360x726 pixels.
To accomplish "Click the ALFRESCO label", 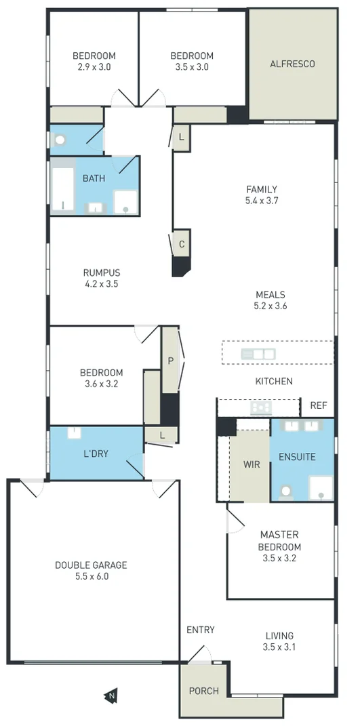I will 292,64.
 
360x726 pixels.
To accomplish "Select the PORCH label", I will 203,691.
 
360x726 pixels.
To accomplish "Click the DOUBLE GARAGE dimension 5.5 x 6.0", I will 91,577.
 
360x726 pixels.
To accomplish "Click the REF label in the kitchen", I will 318,405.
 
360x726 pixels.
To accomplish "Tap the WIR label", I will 252,465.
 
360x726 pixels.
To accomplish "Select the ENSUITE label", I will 297,457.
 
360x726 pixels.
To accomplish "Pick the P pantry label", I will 170,361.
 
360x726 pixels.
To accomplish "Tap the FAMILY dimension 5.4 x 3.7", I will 262,201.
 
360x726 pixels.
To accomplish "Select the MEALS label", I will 270,295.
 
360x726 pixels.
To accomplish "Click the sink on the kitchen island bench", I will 258,353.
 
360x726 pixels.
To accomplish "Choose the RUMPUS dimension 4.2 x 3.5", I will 101,284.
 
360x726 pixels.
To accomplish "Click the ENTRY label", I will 200,630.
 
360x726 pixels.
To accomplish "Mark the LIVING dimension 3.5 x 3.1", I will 279,647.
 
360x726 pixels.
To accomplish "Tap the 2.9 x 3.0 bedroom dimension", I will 94,66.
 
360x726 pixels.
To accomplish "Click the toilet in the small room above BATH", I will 60,140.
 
